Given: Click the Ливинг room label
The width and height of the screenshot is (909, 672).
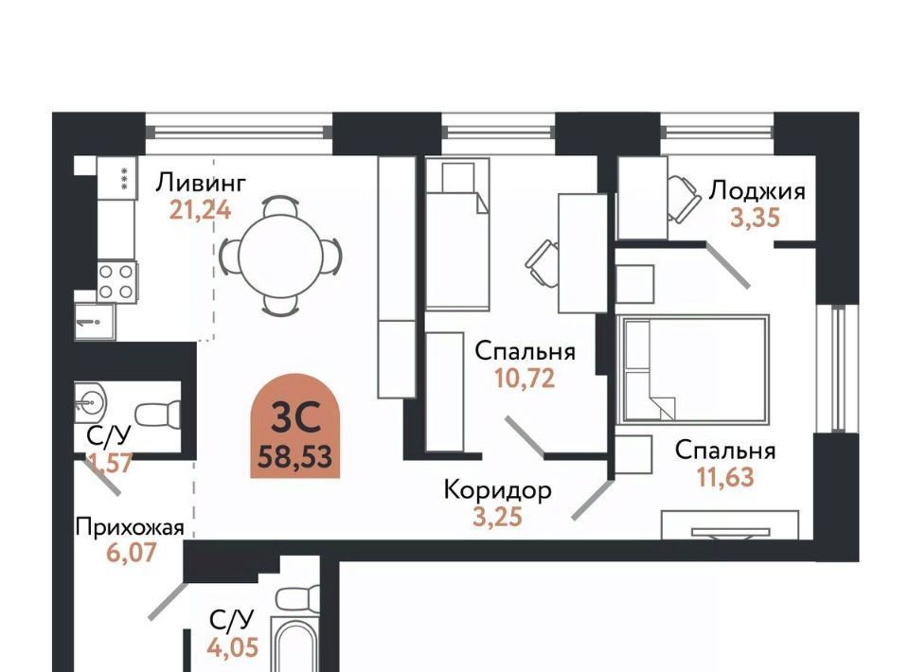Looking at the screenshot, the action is [201, 183].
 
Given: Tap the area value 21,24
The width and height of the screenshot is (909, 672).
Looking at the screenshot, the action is [200, 210].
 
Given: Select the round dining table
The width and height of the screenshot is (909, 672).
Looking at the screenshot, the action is [280, 256].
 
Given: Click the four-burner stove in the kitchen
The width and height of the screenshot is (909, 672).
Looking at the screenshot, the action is [116, 282].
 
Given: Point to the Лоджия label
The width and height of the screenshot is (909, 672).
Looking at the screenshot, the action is [757, 190].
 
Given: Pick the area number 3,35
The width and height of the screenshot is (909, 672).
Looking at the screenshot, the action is [755, 218].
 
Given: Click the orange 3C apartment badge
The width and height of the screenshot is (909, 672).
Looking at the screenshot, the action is [295, 426].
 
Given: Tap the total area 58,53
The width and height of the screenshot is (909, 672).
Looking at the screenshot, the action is [295, 456].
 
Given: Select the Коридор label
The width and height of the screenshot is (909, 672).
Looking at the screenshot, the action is [497, 490].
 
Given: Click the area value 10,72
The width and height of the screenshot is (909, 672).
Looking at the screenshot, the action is [525, 379].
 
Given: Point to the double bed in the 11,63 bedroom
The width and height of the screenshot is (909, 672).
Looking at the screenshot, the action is [693, 369].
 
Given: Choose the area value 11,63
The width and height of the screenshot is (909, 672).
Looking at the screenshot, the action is [725, 477].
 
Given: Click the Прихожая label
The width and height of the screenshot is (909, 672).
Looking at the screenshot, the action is [130, 528].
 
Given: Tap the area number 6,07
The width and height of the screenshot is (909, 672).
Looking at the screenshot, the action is [131, 553].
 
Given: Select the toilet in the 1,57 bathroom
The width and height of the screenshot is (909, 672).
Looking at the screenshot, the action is [157, 414].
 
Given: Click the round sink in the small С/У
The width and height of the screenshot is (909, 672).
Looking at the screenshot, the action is [90, 399].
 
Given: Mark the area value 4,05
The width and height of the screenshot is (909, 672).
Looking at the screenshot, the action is [233, 646].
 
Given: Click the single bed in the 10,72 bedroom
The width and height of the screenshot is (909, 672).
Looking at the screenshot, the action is [457, 235].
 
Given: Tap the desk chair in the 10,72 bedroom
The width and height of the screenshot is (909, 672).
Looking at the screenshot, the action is [543, 263].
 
